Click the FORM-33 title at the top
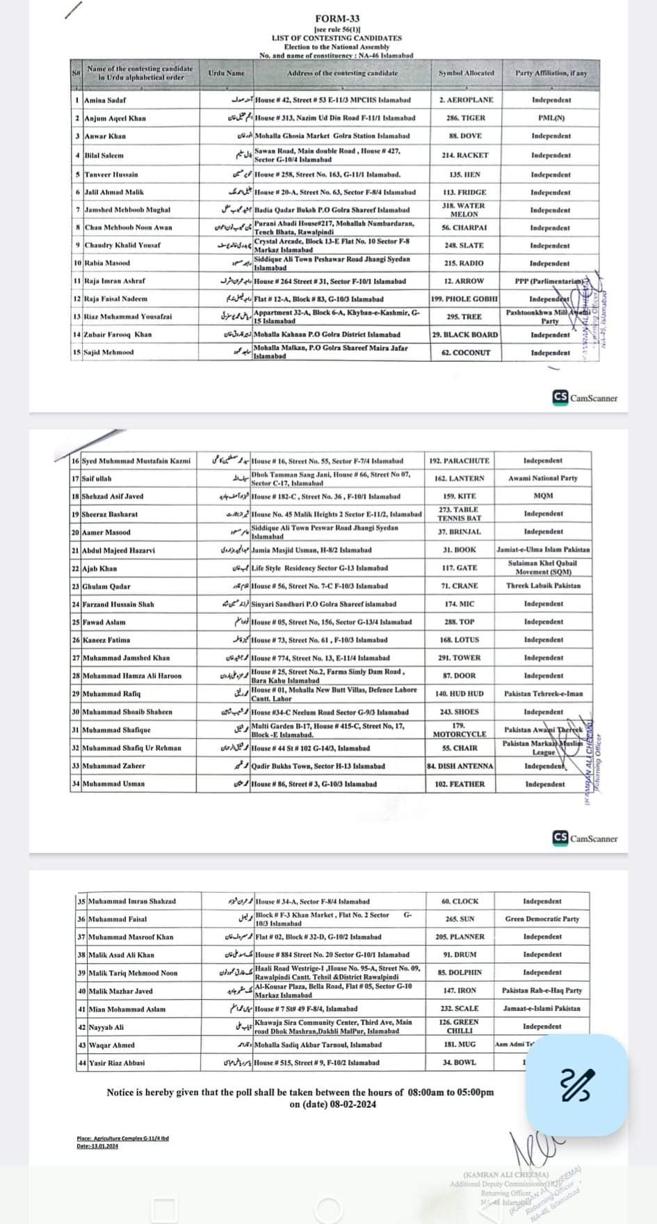click(x=336, y=19)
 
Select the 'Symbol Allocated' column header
click(x=466, y=73)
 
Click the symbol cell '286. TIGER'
click(x=466, y=118)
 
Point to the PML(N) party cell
click(x=551, y=118)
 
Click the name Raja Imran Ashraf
click(x=115, y=281)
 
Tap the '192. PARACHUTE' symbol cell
click(x=460, y=461)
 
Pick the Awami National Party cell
click(x=542, y=479)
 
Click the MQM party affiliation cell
click(x=543, y=496)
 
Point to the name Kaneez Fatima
click(x=106, y=640)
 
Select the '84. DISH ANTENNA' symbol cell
click(x=460, y=766)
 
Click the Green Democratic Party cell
click(x=542, y=919)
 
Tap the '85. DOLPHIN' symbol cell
click(x=460, y=973)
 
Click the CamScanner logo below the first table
click(x=585, y=398)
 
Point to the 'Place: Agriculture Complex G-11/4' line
click(x=123, y=1139)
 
